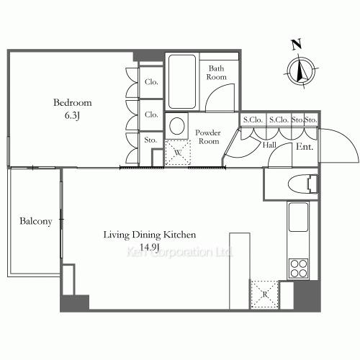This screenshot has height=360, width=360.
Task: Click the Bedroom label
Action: tap(73, 103)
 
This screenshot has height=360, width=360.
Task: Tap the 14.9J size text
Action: tap(149, 247)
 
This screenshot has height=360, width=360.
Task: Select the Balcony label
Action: tap(36, 221)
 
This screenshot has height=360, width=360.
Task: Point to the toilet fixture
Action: tap(303, 184)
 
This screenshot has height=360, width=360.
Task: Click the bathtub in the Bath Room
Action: tap(182, 81)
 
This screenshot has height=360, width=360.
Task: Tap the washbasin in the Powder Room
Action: tap(177, 126)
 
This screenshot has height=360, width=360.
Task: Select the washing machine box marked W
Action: tap(178, 153)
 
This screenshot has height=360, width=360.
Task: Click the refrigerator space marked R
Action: tap(264, 294)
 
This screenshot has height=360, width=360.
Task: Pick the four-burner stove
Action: tap(299, 269)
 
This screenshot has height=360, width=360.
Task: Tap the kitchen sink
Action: tap(298, 217)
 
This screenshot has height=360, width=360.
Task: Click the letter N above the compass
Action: tap(297, 45)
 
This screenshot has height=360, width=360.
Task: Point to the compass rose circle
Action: tap(301, 71)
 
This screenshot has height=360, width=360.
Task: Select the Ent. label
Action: tap(305, 146)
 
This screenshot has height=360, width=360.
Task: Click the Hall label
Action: tap(269, 145)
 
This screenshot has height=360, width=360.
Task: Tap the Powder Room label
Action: tap(208, 137)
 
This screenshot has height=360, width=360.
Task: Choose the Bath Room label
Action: tap(216, 73)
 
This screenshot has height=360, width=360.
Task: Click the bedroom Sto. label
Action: tap(150, 140)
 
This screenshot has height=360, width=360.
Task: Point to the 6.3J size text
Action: tap(72, 116)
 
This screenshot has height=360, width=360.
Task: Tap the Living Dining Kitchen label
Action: tap(150, 235)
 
